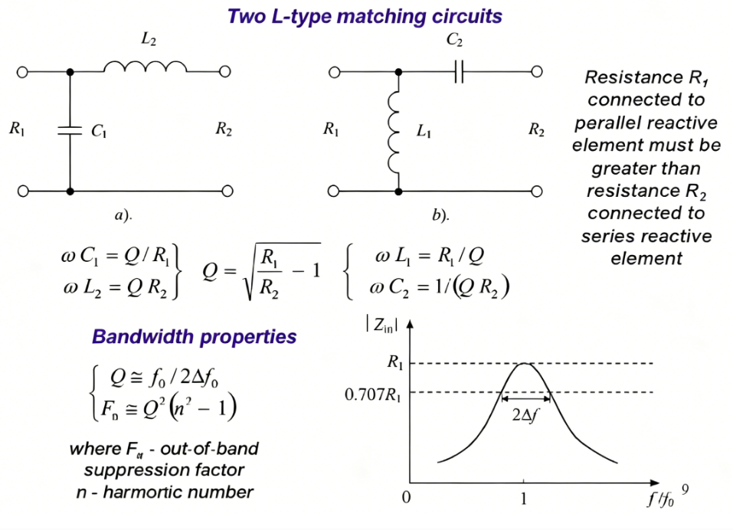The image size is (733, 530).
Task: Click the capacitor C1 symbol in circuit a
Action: tap(70, 131)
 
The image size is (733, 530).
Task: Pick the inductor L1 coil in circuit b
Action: tap(396, 131)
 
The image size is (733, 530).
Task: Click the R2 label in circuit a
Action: tap(223, 130)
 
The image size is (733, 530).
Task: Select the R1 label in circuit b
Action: tap(331, 130)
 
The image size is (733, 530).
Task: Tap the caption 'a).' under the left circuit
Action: tap(123, 216)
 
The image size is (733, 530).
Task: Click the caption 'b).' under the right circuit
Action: tap(440, 216)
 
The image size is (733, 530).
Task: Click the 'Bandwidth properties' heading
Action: tap(194, 337)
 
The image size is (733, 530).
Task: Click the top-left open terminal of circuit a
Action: tap(22, 72)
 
